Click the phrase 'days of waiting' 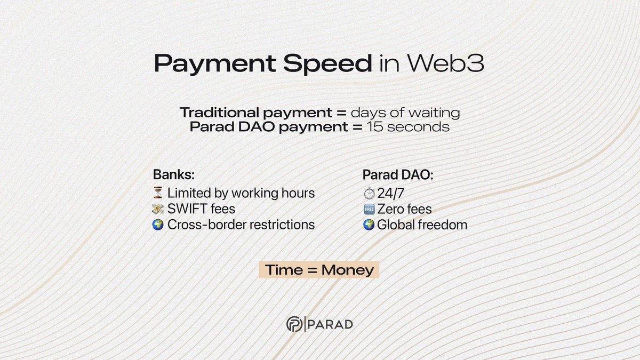point(405,113)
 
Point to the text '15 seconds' point(407,127)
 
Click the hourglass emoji point(158,193)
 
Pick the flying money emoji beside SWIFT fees point(158,209)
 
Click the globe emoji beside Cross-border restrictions point(158,225)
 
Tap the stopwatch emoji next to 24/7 point(369,193)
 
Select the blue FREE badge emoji point(369,209)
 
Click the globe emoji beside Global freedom point(369,225)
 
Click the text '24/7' point(390,193)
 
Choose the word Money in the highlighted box point(347,270)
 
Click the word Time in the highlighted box point(284,270)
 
